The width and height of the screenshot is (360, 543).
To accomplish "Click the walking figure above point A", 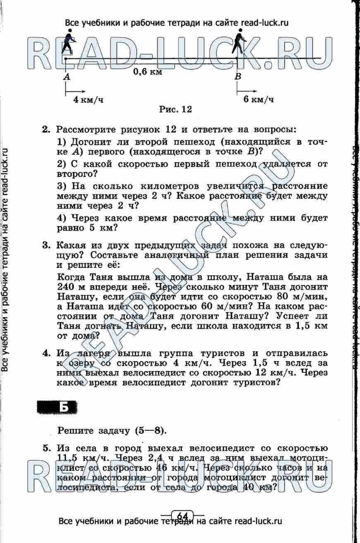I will pyautogui.click(x=68, y=43).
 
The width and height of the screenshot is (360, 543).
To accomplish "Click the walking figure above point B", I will pyautogui.click(x=239, y=42).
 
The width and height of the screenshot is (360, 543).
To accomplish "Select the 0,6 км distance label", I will pyautogui.click(x=147, y=71).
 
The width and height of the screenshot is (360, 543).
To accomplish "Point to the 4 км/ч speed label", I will pyautogui.click(x=88, y=100).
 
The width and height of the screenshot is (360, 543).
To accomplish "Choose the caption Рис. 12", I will pyautogui.click(x=176, y=110).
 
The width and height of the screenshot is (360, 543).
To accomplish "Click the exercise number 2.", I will pyautogui.click(x=46, y=130).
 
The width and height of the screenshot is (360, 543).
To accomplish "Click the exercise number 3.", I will pyautogui.click(x=46, y=246).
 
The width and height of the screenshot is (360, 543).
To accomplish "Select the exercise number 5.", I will pyautogui.click(x=46, y=449).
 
